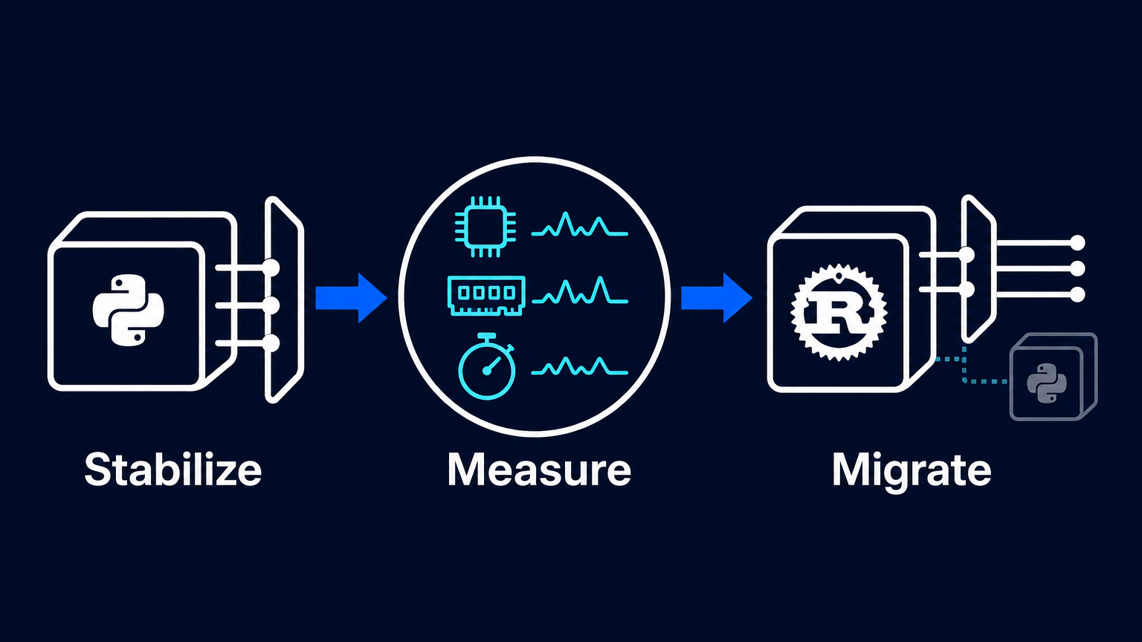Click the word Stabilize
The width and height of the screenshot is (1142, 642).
click(x=172, y=470)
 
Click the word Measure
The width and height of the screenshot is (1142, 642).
click(x=539, y=470)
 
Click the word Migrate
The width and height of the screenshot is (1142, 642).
click(x=912, y=471)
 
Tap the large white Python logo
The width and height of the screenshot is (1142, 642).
click(x=129, y=311)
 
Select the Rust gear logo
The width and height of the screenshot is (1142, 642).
click(x=839, y=312)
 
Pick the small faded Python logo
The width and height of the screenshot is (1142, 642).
click(x=1047, y=383)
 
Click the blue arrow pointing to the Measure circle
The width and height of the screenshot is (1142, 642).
click(x=351, y=298)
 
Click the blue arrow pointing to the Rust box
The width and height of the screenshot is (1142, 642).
click(x=717, y=298)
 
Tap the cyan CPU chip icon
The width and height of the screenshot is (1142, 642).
click(x=485, y=227)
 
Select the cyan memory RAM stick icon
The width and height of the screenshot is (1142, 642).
click(x=486, y=296)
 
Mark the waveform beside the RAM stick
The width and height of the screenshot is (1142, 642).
click(x=580, y=291)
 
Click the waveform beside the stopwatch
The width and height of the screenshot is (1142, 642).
click(x=580, y=366)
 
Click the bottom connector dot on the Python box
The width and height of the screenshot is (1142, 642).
click(x=271, y=343)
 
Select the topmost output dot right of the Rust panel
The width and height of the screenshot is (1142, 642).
click(x=1077, y=243)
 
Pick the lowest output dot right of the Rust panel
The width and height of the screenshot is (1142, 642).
click(x=1077, y=294)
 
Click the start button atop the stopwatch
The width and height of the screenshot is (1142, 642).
click(x=487, y=335)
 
